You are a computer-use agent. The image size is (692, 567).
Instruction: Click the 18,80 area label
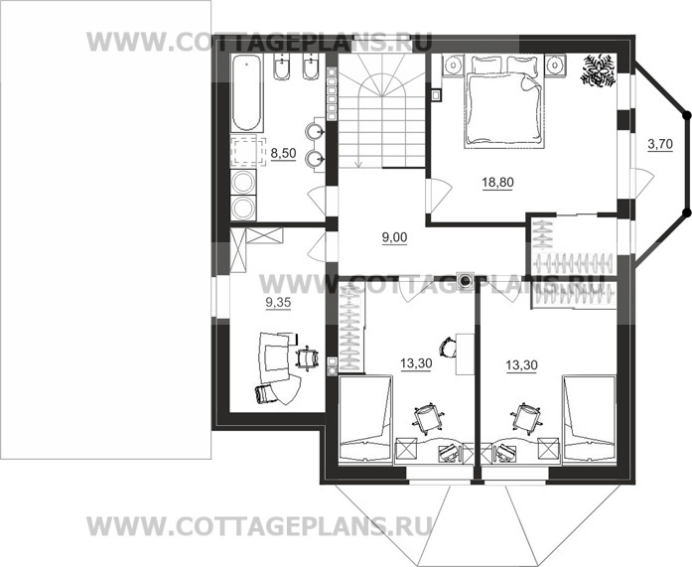point(497,183)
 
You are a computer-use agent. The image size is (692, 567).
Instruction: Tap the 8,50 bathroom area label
point(283,154)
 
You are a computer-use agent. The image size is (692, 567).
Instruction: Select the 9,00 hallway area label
point(394,237)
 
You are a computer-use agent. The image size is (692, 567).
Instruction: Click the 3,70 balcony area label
point(660,144)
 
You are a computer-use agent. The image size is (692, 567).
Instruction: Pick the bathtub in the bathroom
point(246,92)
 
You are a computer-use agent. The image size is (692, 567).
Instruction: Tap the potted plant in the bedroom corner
point(598,71)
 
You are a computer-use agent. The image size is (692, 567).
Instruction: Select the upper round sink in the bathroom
point(314,131)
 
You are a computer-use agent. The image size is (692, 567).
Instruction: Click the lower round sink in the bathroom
point(314,158)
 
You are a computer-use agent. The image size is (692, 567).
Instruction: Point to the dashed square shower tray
point(248,151)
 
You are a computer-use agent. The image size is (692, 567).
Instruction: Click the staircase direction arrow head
point(358,165)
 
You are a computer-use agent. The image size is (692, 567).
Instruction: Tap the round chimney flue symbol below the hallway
point(465,279)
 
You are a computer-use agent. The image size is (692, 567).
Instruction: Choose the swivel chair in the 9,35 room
point(307,357)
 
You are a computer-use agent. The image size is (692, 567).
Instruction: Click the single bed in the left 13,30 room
point(365,419)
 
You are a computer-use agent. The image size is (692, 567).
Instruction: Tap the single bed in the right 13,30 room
point(589,419)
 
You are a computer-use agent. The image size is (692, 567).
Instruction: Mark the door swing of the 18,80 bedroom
point(439,195)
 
